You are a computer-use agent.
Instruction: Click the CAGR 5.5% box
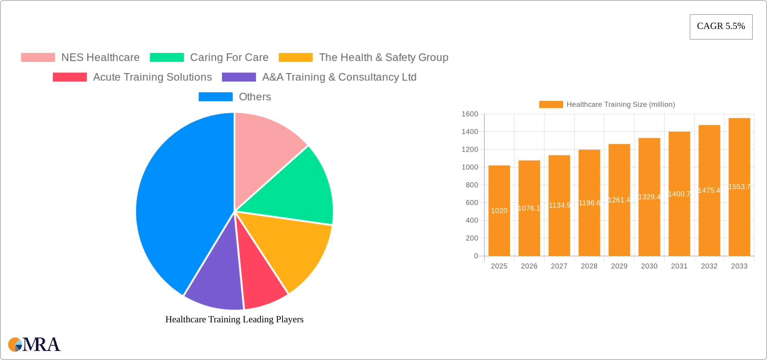[x=721, y=27]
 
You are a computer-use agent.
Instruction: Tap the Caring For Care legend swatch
[x=167, y=58]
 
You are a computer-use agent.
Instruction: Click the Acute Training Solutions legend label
[x=152, y=77]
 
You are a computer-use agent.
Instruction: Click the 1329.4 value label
[x=649, y=197]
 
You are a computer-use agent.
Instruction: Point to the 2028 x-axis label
[x=589, y=266]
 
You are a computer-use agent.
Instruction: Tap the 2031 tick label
[x=679, y=266]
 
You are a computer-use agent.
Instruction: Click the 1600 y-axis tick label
[x=470, y=114]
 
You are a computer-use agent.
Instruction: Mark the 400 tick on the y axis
[x=472, y=220]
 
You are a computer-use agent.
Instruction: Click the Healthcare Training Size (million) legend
[x=607, y=105]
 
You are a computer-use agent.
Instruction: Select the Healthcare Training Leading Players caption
[x=234, y=319]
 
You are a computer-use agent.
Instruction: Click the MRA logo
[x=34, y=345]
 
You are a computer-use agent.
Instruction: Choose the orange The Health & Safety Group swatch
[x=295, y=58]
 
